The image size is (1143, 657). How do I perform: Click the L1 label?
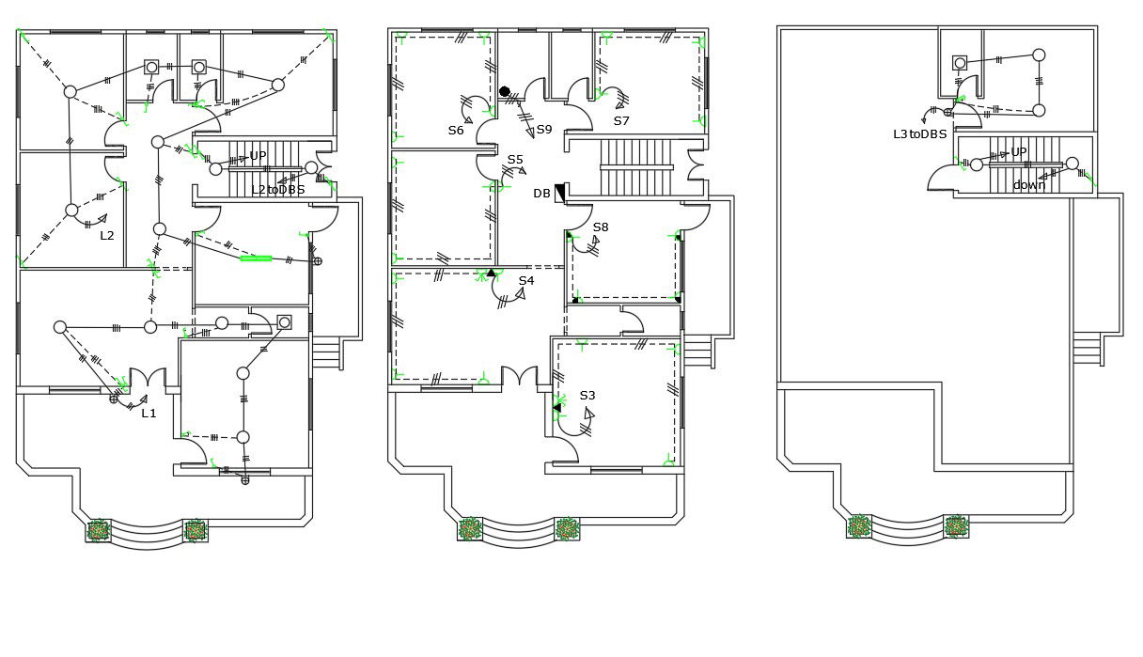pos(149,413)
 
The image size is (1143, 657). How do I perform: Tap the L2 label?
pos(107,235)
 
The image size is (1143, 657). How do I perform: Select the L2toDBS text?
pos(278,190)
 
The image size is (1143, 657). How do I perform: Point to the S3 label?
pos(587,395)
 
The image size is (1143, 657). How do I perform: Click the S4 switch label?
pos(526,280)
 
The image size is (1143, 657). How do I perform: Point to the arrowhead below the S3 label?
pos(589,413)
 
